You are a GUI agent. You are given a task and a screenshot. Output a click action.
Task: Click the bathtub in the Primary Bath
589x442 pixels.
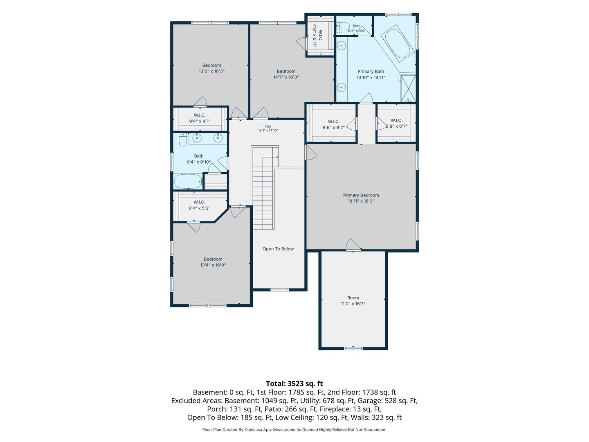(x=398, y=43)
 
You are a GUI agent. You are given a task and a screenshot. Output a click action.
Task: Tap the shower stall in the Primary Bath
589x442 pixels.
(x=408, y=88)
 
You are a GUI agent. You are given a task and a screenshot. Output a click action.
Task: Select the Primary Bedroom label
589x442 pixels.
(x=361, y=195)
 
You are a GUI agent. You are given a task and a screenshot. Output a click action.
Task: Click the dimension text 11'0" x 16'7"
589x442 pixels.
(x=353, y=304)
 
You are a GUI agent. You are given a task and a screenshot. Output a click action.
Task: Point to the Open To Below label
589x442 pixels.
(x=278, y=249)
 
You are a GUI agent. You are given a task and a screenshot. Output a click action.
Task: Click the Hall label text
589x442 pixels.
(x=268, y=126)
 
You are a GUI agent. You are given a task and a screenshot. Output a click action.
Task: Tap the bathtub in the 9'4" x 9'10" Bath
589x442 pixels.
(x=188, y=181)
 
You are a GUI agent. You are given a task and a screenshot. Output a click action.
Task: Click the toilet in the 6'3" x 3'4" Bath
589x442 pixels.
(x=343, y=26)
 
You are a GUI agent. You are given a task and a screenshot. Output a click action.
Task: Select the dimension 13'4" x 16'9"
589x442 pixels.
(x=213, y=265)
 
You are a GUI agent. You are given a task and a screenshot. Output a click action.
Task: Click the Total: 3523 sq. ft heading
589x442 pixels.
(x=294, y=383)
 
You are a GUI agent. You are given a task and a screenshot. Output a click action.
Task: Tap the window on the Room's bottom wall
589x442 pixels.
(x=353, y=348)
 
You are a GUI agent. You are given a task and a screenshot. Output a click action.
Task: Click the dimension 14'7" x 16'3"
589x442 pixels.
(x=286, y=77)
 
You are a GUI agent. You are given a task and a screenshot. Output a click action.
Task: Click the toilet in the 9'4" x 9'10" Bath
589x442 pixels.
(x=183, y=140)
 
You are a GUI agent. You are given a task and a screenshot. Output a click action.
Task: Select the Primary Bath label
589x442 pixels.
(x=371, y=71)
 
